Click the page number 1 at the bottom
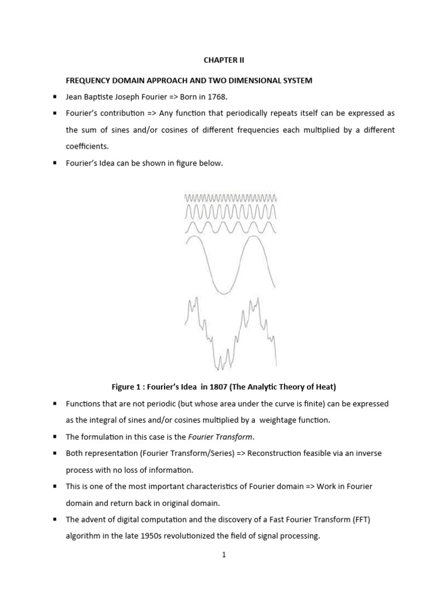tap(223, 556)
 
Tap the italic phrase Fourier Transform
tap(224, 436)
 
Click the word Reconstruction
tap(274, 453)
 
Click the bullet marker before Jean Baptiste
tap(54, 97)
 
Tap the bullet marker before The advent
tap(54, 519)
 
